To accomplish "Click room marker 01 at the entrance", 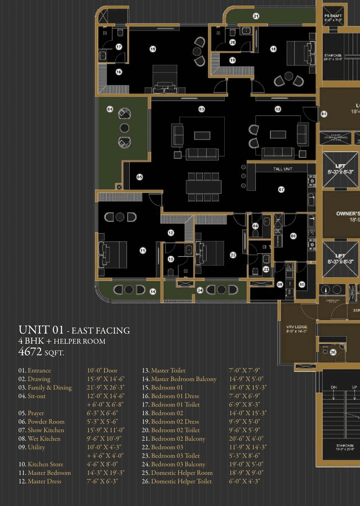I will pyautogui.click(x=324, y=114).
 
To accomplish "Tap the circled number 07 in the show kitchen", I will pyautogui.click(x=281, y=189).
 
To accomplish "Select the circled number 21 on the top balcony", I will pyautogui.click(x=256, y=16).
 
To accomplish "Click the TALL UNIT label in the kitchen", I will pyautogui.click(x=282, y=169).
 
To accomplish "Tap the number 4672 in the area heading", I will pyautogui.click(x=30, y=352).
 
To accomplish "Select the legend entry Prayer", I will pyautogui.click(x=36, y=413).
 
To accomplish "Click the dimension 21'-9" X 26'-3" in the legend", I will pyautogui.click(x=105, y=387).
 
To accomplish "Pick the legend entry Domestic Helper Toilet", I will pyautogui.click(x=181, y=481).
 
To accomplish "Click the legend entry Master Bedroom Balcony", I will pyautogui.click(x=184, y=379).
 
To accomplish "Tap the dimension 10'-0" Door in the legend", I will pyautogui.click(x=102, y=370).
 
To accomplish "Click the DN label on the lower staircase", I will pyautogui.click(x=334, y=387).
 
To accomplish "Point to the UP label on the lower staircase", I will pyautogui.click(x=354, y=387).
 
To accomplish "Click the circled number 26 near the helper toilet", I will pyautogui.click(x=333, y=352).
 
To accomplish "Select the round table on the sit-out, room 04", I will pyautogui.click(x=125, y=128).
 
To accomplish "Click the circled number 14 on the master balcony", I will pyautogui.click(x=153, y=291).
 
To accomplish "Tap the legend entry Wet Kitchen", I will pyautogui.click(x=44, y=439).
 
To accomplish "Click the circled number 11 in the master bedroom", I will pyautogui.click(x=143, y=251).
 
